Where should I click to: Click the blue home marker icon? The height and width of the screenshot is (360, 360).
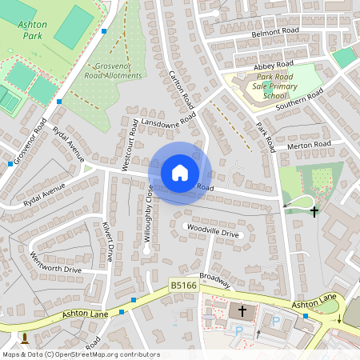(x=180, y=172)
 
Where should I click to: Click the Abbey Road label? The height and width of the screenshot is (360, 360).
(x=274, y=64)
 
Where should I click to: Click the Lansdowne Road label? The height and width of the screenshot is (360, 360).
(x=168, y=120)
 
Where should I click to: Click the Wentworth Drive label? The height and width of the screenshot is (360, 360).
(x=56, y=262)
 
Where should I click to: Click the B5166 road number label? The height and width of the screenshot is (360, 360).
(x=182, y=284)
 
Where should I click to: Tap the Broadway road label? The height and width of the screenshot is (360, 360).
(x=215, y=280)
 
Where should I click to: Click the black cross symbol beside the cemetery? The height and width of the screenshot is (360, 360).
(x=314, y=212)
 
